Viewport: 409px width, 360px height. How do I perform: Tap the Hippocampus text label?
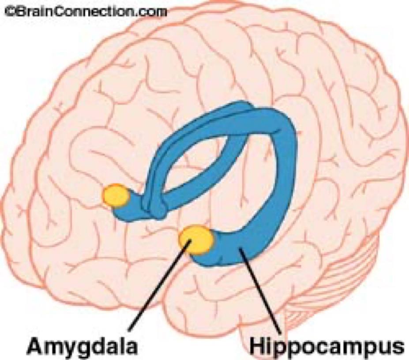point(326,346)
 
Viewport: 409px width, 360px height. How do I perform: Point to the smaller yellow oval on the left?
point(115,195)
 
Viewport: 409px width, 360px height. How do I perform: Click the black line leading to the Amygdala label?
point(159,287)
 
